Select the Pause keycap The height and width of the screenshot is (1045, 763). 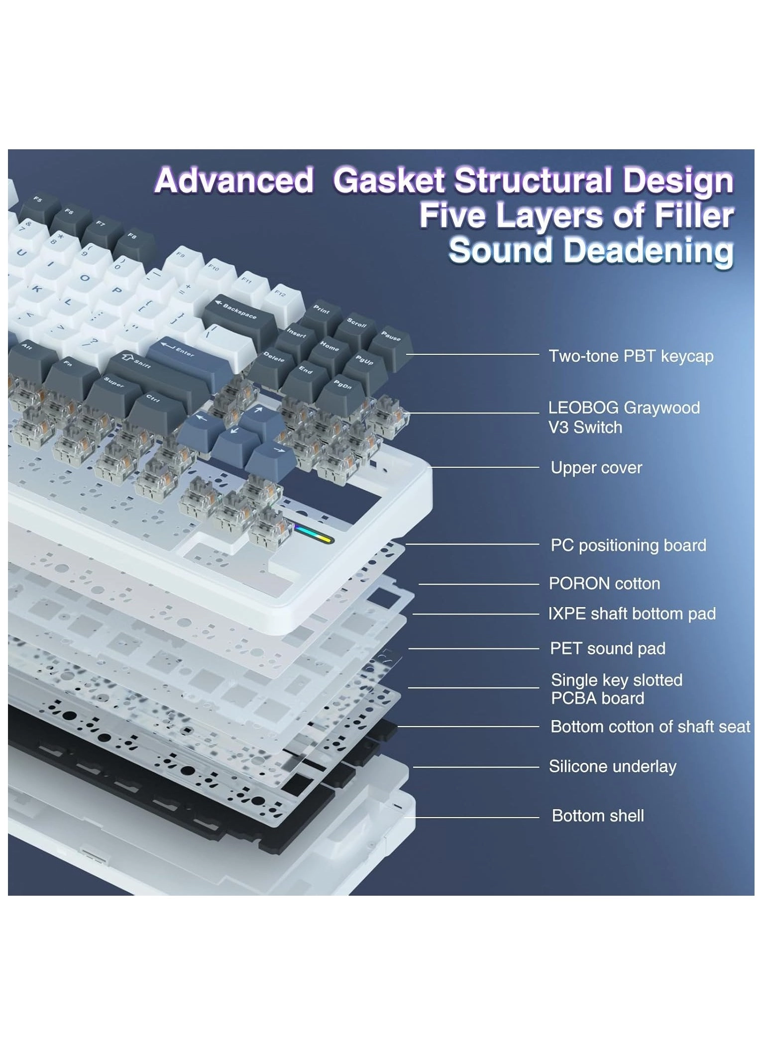pos(390,339)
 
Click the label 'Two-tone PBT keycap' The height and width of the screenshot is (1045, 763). pos(631,356)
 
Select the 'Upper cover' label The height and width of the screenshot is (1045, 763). pos(596,468)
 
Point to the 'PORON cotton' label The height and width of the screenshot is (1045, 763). pos(604,584)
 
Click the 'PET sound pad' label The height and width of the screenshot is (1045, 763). pos(607,648)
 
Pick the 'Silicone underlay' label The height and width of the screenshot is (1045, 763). pos(612,766)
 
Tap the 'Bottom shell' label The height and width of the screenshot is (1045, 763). pos(598,816)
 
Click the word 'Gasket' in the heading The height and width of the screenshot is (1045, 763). pos(388,180)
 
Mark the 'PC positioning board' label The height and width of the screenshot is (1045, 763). pos(628,545)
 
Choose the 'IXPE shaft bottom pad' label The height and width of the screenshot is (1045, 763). pos(632,614)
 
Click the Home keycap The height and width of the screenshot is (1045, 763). pos(329,346)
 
